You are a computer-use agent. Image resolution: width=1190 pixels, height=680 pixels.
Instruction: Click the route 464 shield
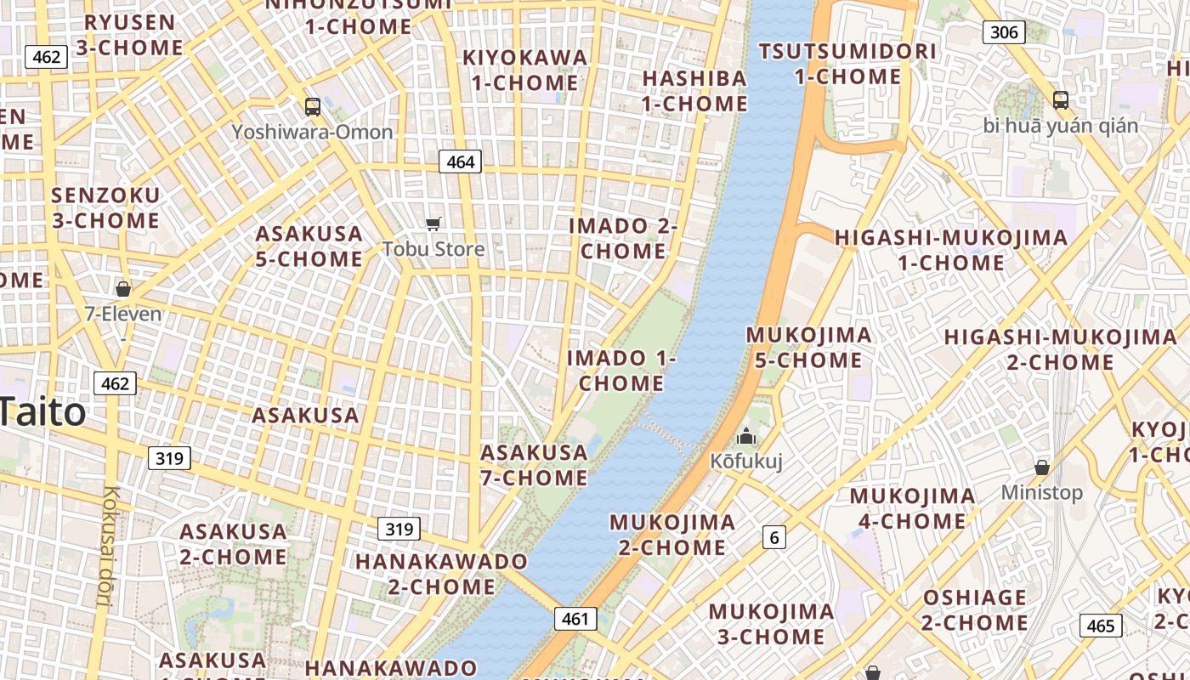coord(460,161)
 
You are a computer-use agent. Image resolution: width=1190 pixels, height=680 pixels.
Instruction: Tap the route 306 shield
coord(1004,32)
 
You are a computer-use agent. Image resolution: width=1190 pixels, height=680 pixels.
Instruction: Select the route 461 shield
coord(575,619)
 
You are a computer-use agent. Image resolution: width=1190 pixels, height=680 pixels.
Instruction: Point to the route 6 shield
coord(773,537)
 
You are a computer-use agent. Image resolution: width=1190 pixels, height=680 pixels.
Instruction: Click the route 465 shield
coord(1101,626)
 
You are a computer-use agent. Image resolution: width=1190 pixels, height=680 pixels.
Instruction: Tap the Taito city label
coord(42,412)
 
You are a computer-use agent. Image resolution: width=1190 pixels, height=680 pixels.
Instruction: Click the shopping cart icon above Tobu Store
coord(433,224)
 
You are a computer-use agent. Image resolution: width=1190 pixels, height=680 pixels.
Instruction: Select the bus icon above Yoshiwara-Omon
coord(313,107)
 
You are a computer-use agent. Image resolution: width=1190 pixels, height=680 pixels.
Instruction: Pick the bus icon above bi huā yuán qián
coord(1061,100)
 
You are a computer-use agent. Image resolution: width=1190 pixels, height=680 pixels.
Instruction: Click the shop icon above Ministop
coord(1042,467)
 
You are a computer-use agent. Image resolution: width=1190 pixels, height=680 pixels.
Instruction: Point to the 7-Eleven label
coord(123,314)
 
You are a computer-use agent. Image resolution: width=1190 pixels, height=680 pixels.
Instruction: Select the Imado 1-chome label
coord(621,371)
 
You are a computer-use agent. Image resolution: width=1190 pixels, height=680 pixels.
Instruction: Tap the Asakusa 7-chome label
coord(534,465)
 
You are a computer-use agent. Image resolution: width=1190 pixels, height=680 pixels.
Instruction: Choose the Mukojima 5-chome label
coord(808,348)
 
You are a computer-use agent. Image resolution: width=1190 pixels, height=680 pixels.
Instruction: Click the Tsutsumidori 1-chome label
coord(847,64)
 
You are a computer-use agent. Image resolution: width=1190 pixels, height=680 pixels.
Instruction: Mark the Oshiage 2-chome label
coord(975,610)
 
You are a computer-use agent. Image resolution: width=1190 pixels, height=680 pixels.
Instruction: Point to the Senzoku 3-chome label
coord(105,208)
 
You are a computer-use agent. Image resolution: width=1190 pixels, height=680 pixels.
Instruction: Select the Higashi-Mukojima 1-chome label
coord(951,250)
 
